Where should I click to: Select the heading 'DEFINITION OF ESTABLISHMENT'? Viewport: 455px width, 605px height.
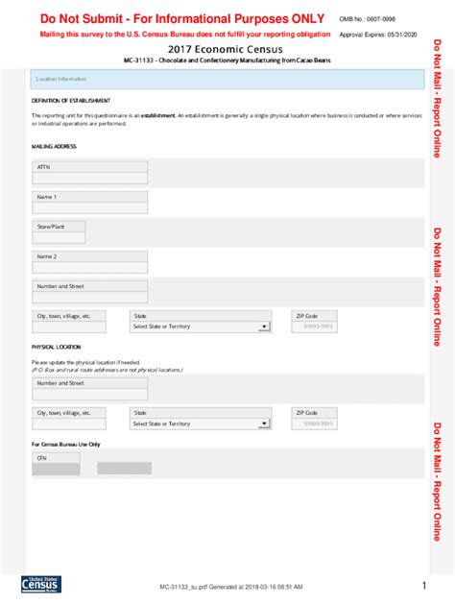click(70, 100)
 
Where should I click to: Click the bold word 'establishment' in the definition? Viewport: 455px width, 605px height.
click(157, 115)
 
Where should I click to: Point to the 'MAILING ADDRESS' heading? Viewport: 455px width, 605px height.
click(54, 147)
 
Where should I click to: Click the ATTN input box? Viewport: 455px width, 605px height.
click(90, 179)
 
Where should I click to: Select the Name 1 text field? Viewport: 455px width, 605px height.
click(90, 208)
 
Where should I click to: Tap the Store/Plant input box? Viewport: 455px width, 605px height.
click(59, 238)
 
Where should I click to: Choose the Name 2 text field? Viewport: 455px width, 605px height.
click(90, 268)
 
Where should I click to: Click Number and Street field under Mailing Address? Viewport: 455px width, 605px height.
click(90, 298)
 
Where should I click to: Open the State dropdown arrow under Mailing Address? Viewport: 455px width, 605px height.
click(264, 327)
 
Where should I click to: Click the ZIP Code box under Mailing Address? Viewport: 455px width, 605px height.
click(318, 327)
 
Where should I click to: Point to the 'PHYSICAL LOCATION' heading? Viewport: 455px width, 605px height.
click(57, 347)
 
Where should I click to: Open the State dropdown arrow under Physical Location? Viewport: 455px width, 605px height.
click(264, 423)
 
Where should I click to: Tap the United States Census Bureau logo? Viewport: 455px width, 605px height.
click(39, 586)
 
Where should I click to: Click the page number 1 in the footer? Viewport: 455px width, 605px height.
click(423, 585)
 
